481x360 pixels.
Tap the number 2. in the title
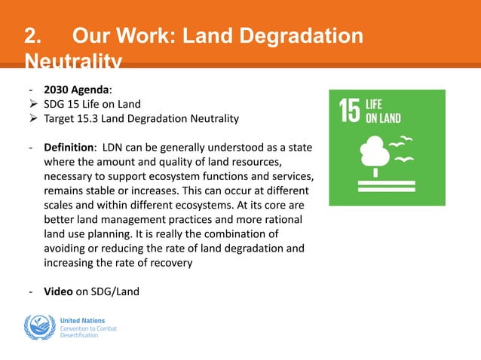(x=32, y=35)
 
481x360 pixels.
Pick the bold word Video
(x=58, y=291)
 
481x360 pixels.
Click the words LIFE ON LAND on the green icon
(x=382, y=111)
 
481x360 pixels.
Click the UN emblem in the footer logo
(x=39, y=328)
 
